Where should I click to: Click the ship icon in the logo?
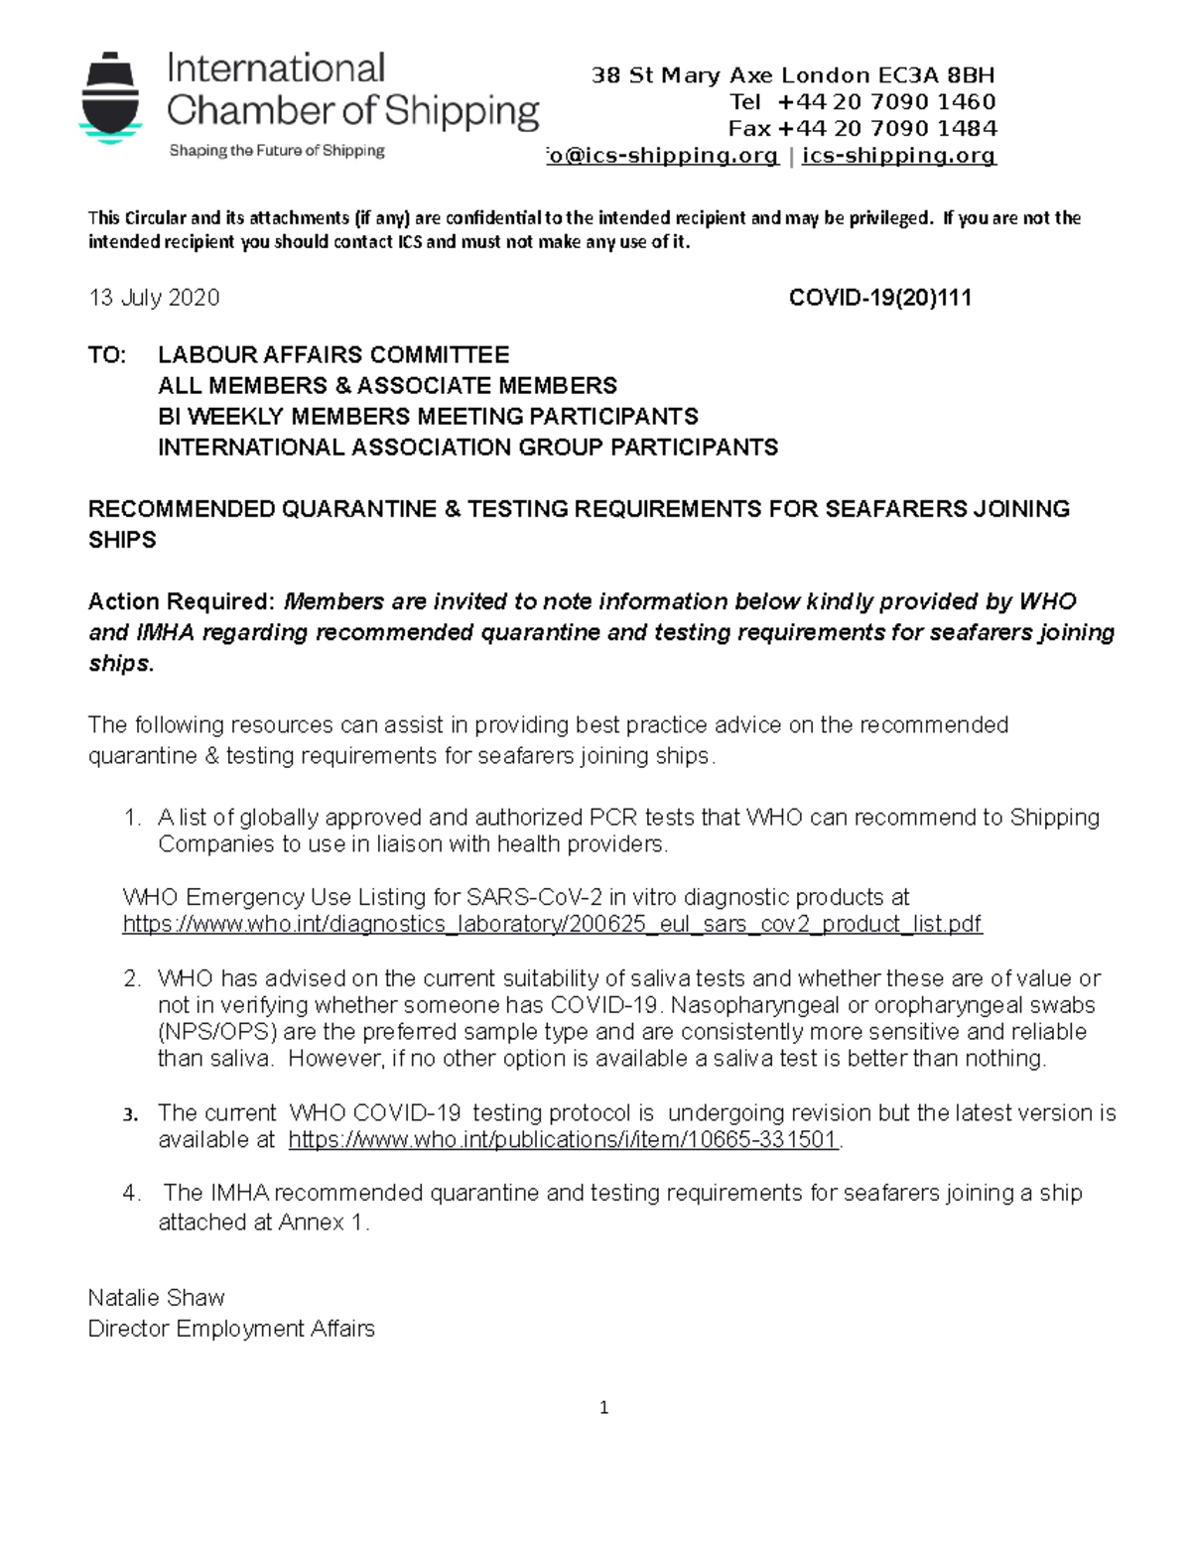[x=110, y=98]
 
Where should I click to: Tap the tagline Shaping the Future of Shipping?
[x=277, y=151]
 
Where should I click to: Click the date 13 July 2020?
[x=154, y=298]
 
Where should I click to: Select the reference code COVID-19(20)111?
[x=879, y=298]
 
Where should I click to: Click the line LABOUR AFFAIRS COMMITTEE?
[x=333, y=355]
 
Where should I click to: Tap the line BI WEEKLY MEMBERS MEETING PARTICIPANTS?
[x=428, y=417]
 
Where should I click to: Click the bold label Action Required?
[x=180, y=601]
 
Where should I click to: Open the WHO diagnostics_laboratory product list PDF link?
[x=552, y=925]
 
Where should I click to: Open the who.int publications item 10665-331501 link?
[x=564, y=1140]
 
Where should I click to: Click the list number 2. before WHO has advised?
[x=132, y=978]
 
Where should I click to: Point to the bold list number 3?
[x=130, y=1114]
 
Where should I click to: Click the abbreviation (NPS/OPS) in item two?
[x=217, y=1032]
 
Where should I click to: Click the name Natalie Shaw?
[x=157, y=1298]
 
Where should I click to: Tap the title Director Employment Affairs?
[x=231, y=1329]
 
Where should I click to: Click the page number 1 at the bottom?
[x=603, y=1408]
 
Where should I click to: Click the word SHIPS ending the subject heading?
[x=122, y=540]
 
